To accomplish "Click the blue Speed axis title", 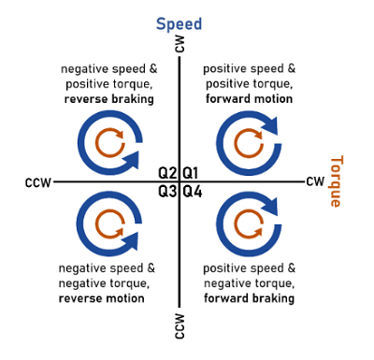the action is click(x=179, y=24).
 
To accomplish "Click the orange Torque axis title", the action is click(x=337, y=181).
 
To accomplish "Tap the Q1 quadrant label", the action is click(x=190, y=173).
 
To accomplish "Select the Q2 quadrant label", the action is click(x=167, y=173).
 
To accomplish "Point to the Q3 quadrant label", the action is click(x=167, y=192).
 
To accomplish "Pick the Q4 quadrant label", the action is click(x=193, y=192).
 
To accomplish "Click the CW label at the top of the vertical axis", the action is click(x=180, y=44).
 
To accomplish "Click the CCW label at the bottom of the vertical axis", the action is click(x=180, y=326).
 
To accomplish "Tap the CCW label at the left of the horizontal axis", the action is click(x=38, y=182).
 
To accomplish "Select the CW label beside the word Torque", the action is click(x=315, y=181).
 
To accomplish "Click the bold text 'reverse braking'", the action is click(x=109, y=99).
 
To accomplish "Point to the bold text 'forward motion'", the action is click(x=249, y=99).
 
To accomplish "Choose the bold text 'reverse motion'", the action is click(x=102, y=298).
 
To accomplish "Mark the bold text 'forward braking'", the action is click(x=249, y=298).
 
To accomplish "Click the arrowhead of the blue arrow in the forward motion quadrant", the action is click(x=269, y=125).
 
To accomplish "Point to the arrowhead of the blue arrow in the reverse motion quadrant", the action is click(x=130, y=241).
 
